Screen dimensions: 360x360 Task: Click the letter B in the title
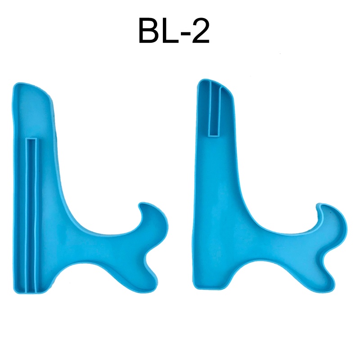(151, 31)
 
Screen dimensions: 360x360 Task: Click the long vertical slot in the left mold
(31, 216)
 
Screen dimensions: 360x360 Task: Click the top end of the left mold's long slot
(31, 140)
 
